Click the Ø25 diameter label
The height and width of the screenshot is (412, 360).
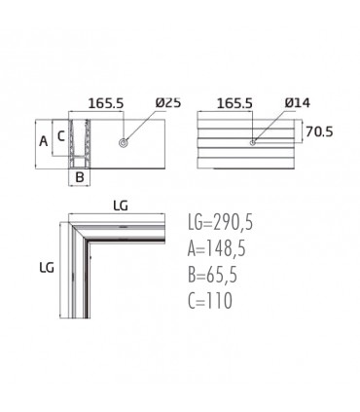tap(168, 102)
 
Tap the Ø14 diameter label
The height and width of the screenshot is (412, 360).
tap(298, 102)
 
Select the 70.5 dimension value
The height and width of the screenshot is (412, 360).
tap(319, 131)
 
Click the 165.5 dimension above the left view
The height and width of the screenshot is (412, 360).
tap(106, 103)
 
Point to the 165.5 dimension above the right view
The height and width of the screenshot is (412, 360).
tap(234, 103)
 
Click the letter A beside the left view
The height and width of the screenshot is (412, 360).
tap(43, 141)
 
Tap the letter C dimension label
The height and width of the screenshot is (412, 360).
tap(61, 136)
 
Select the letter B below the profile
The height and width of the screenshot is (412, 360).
tap(80, 177)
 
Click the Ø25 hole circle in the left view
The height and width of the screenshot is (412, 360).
tap(124, 142)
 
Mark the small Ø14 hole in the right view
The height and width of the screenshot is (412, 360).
tap(253, 142)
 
